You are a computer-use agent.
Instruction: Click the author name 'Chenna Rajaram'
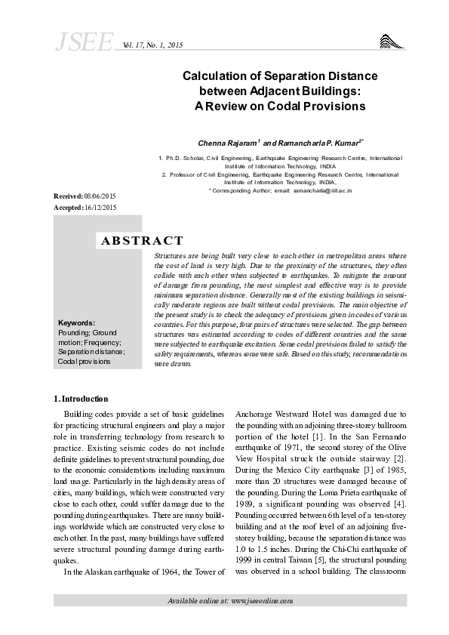[x=227, y=142]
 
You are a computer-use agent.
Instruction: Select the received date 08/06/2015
[x=100, y=196]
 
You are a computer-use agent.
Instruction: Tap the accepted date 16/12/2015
[x=100, y=207]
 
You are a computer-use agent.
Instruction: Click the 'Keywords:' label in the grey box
[x=76, y=322]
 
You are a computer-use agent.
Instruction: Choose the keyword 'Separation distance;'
[x=91, y=351]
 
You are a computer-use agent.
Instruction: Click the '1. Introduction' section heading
[x=81, y=398]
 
